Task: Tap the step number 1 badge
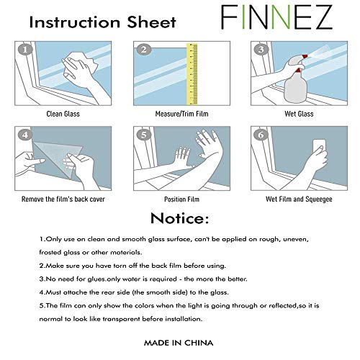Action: point(26,50)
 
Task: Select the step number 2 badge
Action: point(143,50)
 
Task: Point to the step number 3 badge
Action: point(260,50)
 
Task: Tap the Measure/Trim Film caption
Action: point(180,113)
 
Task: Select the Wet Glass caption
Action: point(297,113)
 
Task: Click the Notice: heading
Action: point(180,217)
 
